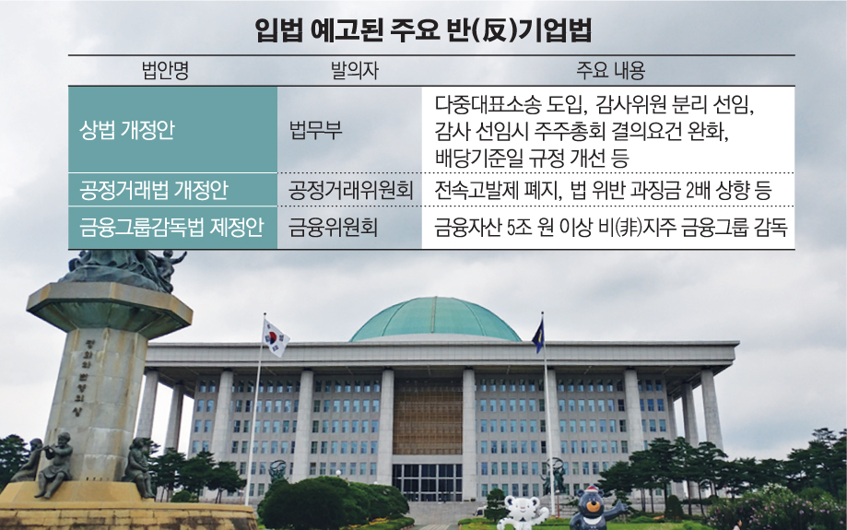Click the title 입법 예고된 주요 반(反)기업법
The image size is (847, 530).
click(423, 30)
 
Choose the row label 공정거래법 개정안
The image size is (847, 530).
click(149, 191)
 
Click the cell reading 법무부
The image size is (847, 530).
click(315, 129)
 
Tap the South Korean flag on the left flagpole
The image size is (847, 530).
click(276, 337)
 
